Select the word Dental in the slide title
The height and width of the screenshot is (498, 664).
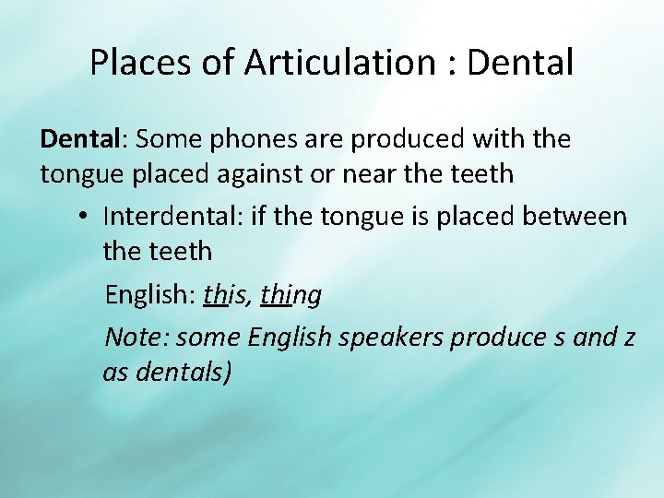521,64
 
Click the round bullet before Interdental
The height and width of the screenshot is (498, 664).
82,218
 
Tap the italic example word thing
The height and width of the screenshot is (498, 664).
291,295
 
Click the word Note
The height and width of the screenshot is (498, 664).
135,337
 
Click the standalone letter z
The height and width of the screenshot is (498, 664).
629,338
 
